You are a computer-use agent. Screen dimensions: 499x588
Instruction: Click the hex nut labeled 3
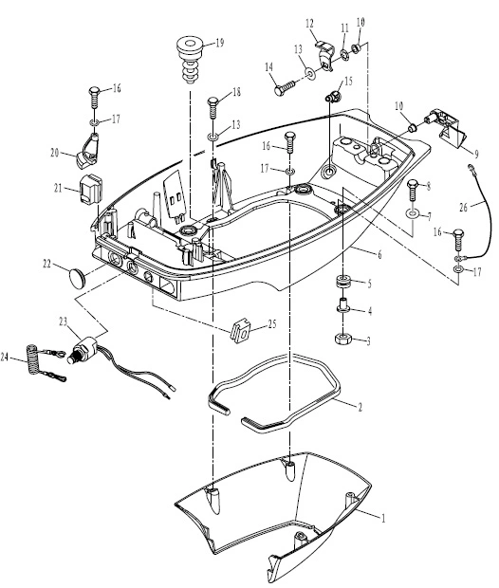point(342,339)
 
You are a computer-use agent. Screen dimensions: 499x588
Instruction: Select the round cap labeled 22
point(78,278)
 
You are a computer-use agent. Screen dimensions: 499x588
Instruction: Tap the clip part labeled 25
point(240,330)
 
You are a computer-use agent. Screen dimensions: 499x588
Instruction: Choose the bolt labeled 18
point(213,108)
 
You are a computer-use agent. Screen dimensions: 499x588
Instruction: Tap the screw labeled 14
point(285,89)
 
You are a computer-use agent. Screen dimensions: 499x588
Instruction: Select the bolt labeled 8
point(412,191)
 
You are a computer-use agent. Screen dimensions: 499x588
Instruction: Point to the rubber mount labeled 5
point(342,282)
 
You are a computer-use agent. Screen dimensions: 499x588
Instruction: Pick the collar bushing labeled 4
point(342,306)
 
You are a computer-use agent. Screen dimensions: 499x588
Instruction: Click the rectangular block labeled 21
point(91,190)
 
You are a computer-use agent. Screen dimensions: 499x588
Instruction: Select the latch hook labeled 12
point(324,55)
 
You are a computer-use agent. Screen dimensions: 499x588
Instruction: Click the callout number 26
point(464,207)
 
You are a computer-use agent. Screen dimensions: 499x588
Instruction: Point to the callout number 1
point(382,518)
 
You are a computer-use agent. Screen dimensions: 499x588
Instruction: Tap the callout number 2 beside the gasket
point(360,407)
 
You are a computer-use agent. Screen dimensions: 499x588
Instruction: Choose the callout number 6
point(379,255)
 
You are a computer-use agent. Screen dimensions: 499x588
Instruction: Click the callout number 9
point(476,154)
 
